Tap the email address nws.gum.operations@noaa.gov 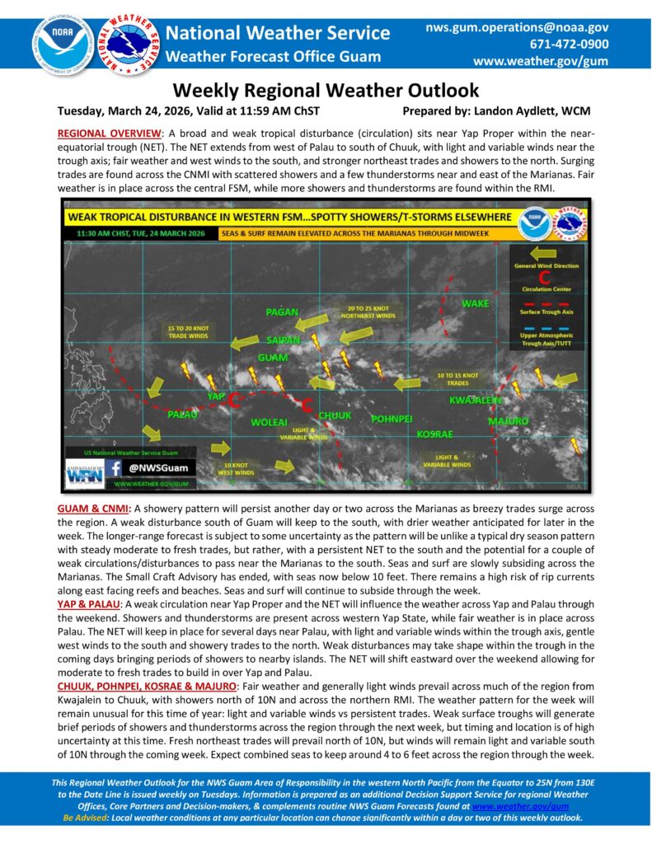coord(517,27)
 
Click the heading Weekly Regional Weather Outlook coord(326,91)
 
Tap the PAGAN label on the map coord(282,312)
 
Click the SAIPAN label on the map coord(284,340)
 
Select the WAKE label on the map coord(475,304)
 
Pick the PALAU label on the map coord(182,414)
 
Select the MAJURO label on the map coord(508,420)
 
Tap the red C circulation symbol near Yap coord(233,401)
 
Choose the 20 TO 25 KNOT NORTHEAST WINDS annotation coord(371,312)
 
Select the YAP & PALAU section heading coord(88,604)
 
